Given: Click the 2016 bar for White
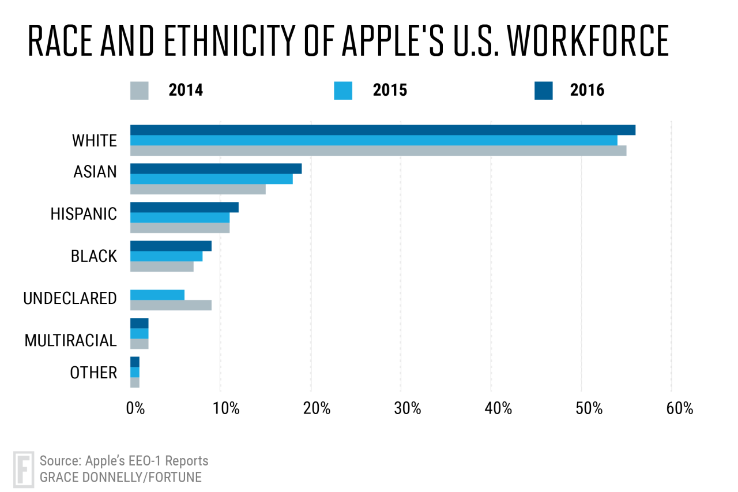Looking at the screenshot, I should pos(382,130).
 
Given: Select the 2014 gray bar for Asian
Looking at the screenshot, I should pos(198,189).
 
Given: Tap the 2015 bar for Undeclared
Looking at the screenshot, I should pos(157,295).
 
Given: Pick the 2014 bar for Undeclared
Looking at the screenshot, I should pos(171,305).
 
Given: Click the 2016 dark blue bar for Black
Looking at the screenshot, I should pos(171,246).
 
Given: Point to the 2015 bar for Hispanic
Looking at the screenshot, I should pos(180,217).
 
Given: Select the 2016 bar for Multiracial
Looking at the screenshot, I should pos(140,323).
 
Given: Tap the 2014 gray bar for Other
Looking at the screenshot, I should pos(135,382).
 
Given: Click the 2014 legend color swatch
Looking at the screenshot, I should pos(140,91).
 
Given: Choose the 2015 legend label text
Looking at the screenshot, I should pos(390,91).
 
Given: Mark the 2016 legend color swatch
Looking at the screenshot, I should pos(543,91).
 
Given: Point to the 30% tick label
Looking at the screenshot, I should pos(408,408).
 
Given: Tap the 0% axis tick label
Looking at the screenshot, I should pos(135,408).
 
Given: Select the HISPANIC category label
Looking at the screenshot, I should pos(84,214).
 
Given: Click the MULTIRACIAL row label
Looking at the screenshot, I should pos(70,341).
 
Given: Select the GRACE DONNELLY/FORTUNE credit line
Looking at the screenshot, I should pos(121,477).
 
